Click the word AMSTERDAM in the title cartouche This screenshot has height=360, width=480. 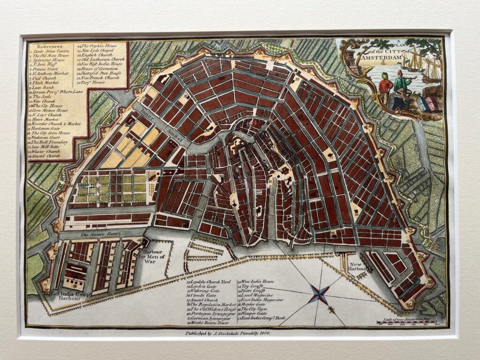[379, 58]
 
